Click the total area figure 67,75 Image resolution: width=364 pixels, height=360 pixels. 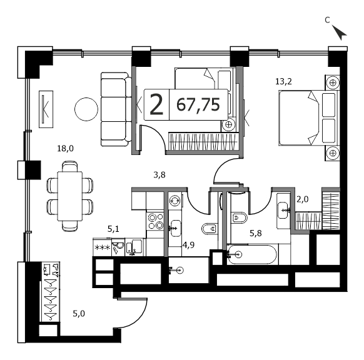[x=198, y=105]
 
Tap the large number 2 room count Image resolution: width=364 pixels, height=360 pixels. [x=156, y=105]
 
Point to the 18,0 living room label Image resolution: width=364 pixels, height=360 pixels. [x=66, y=149]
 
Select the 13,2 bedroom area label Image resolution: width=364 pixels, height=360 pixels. [x=283, y=82]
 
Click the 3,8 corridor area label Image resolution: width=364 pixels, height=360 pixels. [x=159, y=175]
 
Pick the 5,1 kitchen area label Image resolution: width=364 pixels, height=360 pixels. [x=113, y=229]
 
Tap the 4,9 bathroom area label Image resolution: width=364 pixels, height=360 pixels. [x=188, y=245]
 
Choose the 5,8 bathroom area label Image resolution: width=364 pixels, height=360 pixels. [x=256, y=233]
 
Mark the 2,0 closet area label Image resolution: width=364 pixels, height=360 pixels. [x=303, y=199]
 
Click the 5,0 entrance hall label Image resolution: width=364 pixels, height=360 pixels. [x=79, y=314]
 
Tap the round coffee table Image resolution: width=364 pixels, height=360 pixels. [x=86, y=109]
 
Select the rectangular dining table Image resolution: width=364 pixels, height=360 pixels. [x=70, y=196]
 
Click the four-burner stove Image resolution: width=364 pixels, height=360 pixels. [x=156, y=221]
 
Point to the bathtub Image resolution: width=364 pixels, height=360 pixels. [x=252, y=255]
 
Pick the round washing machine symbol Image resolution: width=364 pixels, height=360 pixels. [x=174, y=200]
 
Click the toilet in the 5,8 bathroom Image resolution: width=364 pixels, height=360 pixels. [x=239, y=217]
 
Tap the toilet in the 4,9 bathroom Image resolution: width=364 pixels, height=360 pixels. [x=210, y=229]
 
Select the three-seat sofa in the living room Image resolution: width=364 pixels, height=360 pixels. [x=116, y=109]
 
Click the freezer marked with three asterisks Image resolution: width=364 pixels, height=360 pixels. [x=102, y=247]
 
